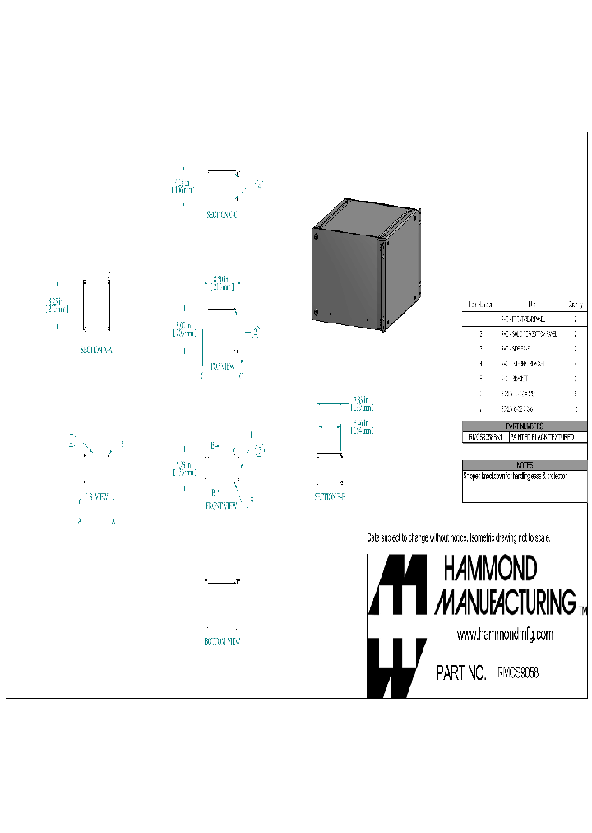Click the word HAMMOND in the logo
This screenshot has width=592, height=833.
click(x=490, y=568)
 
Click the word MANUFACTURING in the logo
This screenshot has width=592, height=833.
click(x=505, y=602)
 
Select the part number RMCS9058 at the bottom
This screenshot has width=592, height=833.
click(x=518, y=672)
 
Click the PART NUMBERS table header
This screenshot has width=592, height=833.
click(x=525, y=426)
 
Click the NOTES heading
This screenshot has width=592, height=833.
click(x=525, y=465)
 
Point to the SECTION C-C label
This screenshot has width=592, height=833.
click(x=222, y=215)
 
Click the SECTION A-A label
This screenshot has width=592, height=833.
click(x=96, y=350)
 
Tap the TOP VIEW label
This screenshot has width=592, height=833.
click(x=222, y=365)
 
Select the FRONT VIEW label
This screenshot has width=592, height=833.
click(x=221, y=506)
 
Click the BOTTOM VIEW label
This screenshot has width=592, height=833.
click(x=222, y=640)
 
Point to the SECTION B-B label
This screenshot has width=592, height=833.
click(x=330, y=498)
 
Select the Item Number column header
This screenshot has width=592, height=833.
click(x=481, y=304)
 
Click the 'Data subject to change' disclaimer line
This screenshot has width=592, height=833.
click(x=458, y=537)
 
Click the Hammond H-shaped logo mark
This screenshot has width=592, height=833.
click(x=397, y=626)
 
